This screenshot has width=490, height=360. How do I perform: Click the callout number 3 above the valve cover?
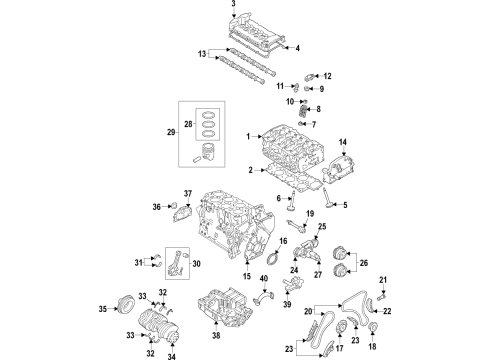[x=233, y=3]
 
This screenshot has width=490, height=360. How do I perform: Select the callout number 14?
[x=343, y=142]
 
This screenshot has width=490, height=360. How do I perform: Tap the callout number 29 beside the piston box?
[x=171, y=132]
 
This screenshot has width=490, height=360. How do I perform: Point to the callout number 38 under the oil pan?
[x=216, y=335]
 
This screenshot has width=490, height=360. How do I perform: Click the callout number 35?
[x=103, y=309]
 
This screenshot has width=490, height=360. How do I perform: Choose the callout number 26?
[x=364, y=263]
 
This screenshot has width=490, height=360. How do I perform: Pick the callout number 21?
[x=383, y=280]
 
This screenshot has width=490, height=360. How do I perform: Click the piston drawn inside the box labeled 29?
[x=208, y=152]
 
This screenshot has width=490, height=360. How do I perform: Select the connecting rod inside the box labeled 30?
[x=177, y=263]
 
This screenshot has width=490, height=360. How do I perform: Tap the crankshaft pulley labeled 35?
[x=126, y=303]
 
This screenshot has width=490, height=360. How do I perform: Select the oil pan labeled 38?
[x=225, y=308]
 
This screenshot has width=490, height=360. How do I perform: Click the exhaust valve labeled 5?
[x=327, y=199]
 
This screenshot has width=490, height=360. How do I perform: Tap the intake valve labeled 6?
[x=292, y=201]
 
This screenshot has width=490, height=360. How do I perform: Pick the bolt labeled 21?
[x=382, y=295]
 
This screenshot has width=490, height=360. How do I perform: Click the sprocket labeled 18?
[x=373, y=327]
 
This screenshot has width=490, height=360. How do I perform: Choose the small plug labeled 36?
[x=174, y=204]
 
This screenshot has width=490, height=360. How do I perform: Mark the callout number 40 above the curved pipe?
[x=264, y=278]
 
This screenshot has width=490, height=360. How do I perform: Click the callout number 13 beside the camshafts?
[x=202, y=54]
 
